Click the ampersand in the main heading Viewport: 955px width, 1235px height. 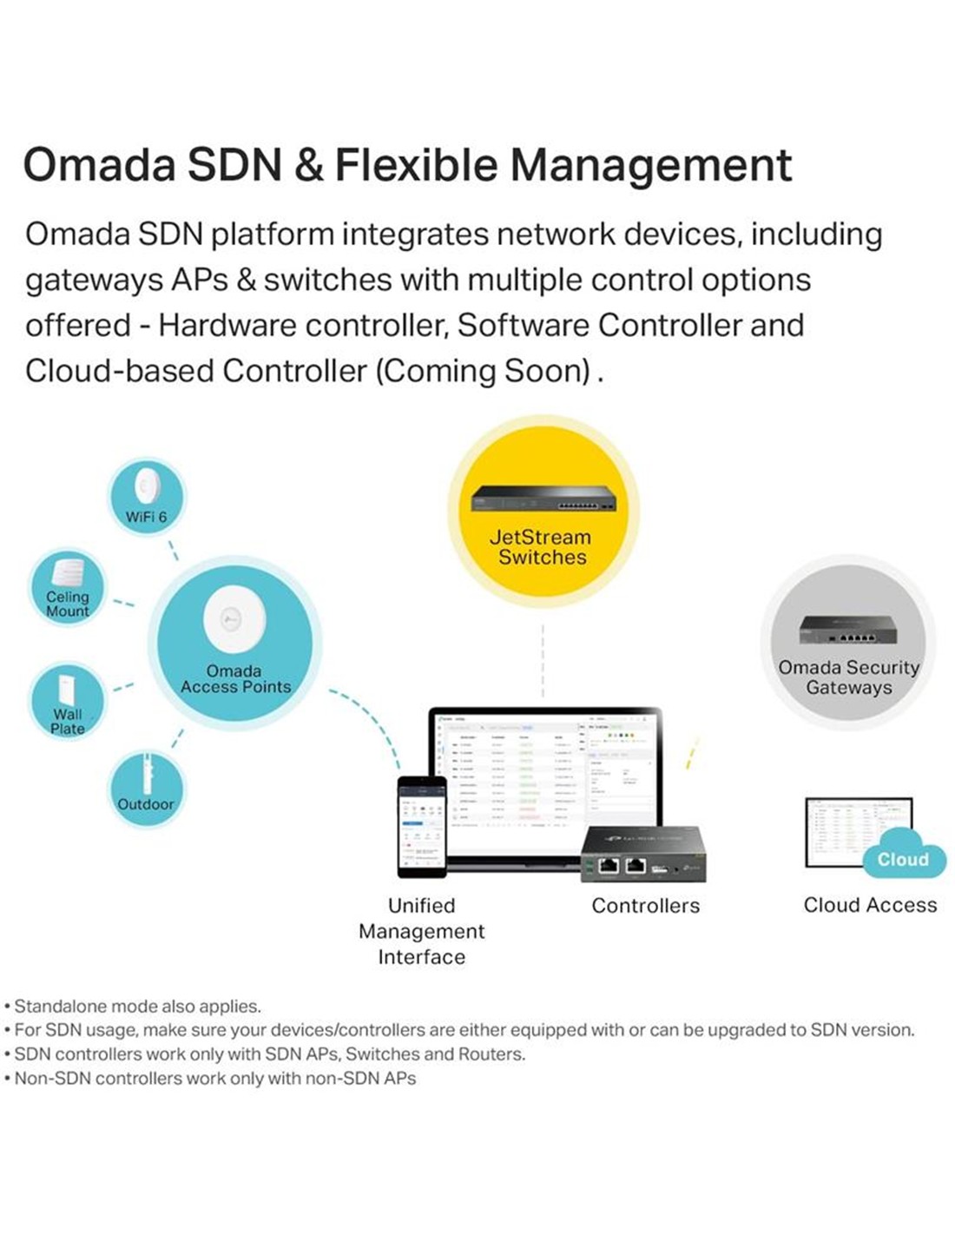(x=308, y=165)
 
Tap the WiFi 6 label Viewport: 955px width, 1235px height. (x=146, y=518)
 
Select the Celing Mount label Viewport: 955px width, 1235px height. (x=68, y=604)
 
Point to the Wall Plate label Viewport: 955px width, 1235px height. (x=67, y=722)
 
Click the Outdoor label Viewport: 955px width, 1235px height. (x=146, y=804)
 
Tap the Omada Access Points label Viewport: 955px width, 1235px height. (x=235, y=679)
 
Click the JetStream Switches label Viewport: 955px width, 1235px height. (x=542, y=547)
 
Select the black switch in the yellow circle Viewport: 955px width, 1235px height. (x=543, y=499)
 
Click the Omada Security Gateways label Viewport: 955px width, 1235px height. (x=848, y=677)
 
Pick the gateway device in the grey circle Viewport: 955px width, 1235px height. (x=848, y=631)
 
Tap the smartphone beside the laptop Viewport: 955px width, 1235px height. (x=422, y=826)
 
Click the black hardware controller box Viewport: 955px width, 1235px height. (x=642, y=855)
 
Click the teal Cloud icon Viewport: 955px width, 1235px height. (x=903, y=855)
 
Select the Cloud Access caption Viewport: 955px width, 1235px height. (x=870, y=905)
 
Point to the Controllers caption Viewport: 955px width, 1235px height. (x=645, y=906)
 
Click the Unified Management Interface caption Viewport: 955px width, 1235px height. (x=422, y=931)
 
